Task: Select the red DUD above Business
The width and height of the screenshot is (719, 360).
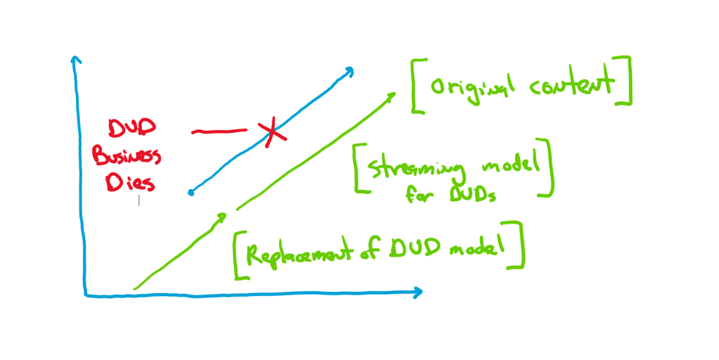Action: [131, 129]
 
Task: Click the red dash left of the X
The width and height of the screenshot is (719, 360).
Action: [219, 131]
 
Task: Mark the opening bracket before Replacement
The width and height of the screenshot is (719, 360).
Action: [239, 255]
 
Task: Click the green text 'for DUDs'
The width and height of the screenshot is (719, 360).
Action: [451, 195]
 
